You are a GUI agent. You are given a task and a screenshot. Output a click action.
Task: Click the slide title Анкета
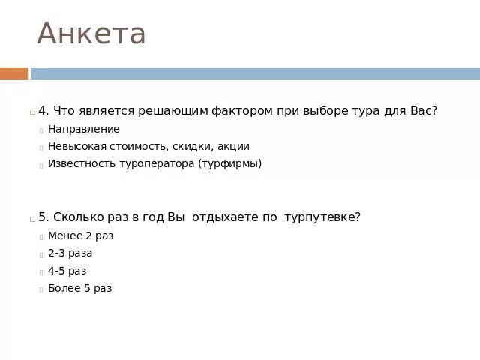pyautogui.click(x=91, y=34)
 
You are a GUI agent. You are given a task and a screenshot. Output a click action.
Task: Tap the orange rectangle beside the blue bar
pyautogui.click(x=13, y=73)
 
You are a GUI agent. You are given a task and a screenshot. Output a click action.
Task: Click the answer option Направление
pyautogui.click(x=83, y=129)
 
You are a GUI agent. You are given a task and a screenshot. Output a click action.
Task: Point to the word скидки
pyautogui.click(x=193, y=146)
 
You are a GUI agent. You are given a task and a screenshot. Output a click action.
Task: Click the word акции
pyautogui.click(x=233, y=146)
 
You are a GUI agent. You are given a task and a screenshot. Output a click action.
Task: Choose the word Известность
pyautogui.click(x=81, y=163)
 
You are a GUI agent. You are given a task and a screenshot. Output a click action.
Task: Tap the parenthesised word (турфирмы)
pyautogui.click(x=230, y=163)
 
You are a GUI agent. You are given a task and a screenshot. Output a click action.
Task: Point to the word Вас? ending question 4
pyautogui.click(x=423, y=111)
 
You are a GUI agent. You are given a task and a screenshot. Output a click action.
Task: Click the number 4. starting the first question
pyautogui.click(x=43, y=111)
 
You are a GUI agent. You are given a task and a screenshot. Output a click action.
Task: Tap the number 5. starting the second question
pyautogui.click(x=43, y=217)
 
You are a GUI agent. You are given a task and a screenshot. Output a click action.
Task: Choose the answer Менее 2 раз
pyautogui.click(x=80, y=235)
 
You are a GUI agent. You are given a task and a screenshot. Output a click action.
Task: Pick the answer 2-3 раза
pyautogui.click(x=70, y=253)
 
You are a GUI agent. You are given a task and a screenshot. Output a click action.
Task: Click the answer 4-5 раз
pyautogui.click(x=67, y=271)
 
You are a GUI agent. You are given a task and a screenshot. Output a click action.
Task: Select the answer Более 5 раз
pyautogui.click(x=79, y=288)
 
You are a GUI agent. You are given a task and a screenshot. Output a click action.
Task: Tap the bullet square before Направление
pyautogui.click(x=41, y=130)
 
